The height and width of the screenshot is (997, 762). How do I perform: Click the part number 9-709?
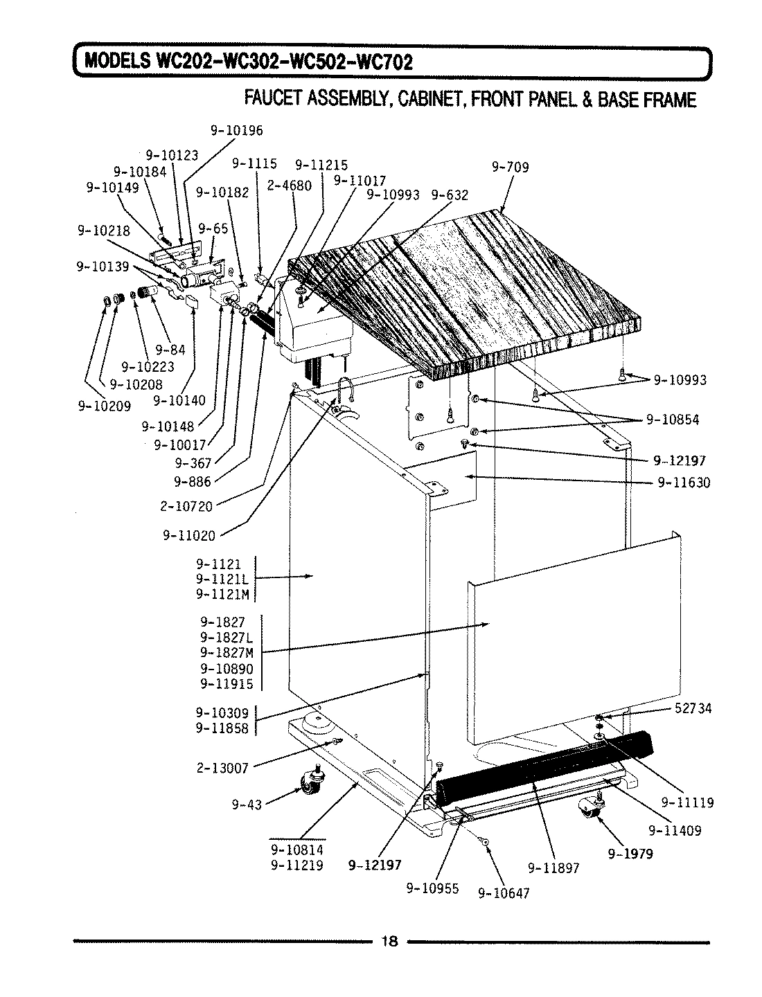tap(510, 167)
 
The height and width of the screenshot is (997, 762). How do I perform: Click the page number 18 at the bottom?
tap(390, 941)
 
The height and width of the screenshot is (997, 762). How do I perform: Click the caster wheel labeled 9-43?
tap(308, 783)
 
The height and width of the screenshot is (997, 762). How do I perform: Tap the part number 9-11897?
tap(553, 867)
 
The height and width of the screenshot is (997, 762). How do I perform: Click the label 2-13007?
tap(222, 766)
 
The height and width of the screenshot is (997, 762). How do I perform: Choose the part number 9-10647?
tap(504, 893)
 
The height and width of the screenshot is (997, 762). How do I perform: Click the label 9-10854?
tap(672, 419)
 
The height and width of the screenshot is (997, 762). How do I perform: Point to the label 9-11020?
tap(189, 535)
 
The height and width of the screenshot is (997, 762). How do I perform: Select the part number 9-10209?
tap(104, 406)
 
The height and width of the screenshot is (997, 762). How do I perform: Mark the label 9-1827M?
tap(227, 652)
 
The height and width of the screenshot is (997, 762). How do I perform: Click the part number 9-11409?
tap(674, 830)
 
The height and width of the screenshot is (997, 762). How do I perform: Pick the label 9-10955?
tap(433, 889)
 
